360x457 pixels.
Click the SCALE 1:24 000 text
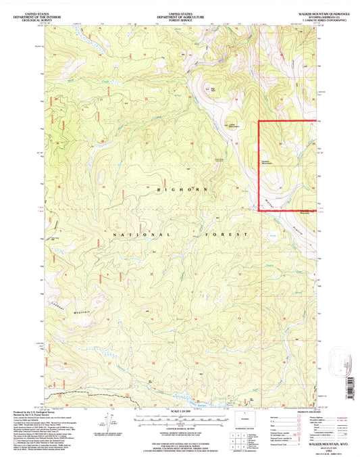pos(180,412)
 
